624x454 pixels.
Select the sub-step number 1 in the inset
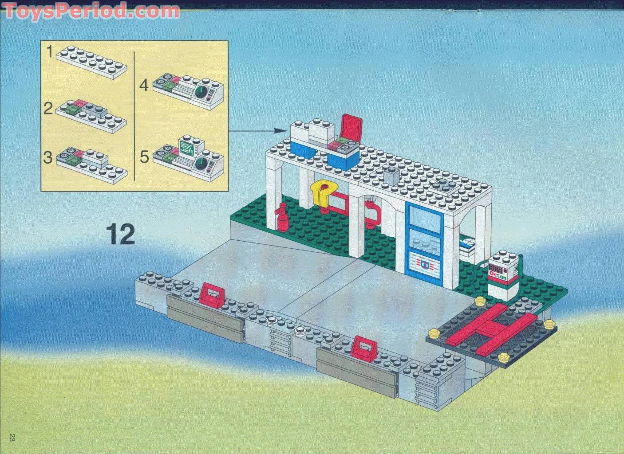50,53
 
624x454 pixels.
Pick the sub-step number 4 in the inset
144,85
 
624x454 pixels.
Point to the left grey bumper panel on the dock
205,319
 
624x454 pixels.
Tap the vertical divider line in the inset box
134,115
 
